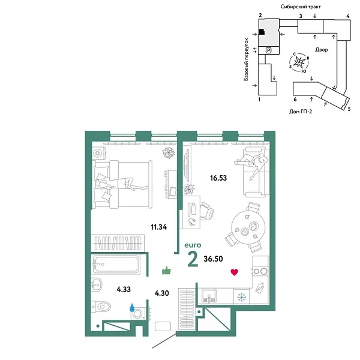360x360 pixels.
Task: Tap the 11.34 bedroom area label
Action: tap(159, 226)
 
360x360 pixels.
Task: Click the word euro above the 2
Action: tap(192, 245)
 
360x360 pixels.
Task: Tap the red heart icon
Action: tap(235, 272)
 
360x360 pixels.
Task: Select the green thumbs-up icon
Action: tap(166, 271)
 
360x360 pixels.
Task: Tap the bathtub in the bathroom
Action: tap(117, 265)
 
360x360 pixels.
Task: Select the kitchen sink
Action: tap(210, 295)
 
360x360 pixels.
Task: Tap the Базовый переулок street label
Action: tap(247, 58)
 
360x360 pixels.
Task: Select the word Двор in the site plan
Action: tap(320, 50)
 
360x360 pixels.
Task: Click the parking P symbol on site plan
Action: tap(269, 50)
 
